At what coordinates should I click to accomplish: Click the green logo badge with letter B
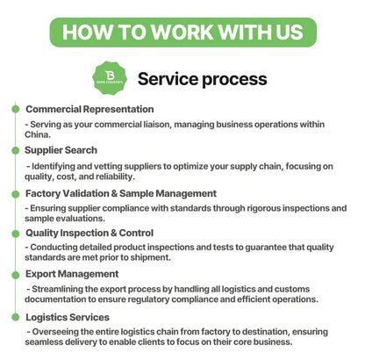coord(110,78)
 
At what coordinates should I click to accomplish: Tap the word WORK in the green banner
coord(182,32)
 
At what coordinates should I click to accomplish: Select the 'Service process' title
coord(203,79)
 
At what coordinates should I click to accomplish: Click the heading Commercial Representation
coord(89,109)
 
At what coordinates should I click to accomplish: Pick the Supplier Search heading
coord(61,150)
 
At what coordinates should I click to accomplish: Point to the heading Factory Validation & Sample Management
coord(121,193)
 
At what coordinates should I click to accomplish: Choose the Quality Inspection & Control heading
coord(89,233)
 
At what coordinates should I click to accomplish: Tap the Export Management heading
coord(72,274)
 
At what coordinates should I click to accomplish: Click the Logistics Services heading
coord(68,317)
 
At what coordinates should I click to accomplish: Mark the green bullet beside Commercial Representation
coord(16,109)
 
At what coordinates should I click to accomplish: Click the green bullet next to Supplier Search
coord(16,150)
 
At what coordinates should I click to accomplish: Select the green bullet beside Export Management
coord(16,275)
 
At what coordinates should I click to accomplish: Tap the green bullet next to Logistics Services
coord(16,317)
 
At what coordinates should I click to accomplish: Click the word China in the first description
coord(38,134)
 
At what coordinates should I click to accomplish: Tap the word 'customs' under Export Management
coord(292,289)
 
